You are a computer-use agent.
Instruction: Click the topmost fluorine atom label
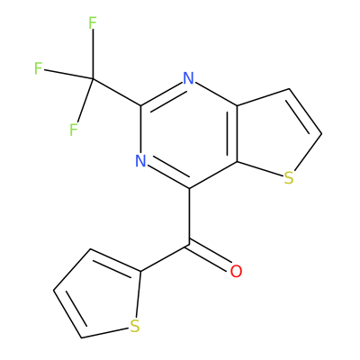pyautogui.click(x=93, y=23)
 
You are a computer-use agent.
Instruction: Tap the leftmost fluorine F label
pyautogui.click(x=38, y=68)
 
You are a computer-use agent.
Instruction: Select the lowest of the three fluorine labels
pyautogui.click(x=74, y=130)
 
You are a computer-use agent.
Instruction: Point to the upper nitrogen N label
pyautogui.click(x=189, y=78)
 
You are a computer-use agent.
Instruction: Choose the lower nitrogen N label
pyautogui.click(x=140, y=161)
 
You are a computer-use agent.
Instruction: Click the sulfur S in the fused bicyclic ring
pyautogui.click(x=289, y=178)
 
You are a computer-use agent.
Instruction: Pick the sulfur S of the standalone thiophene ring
pyautogui.click(x=135, y=327)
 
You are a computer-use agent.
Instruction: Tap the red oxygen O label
pyautogui.click(x=236, y=271)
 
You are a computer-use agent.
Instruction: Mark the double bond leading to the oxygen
pyautogui.click(x=210, y=256)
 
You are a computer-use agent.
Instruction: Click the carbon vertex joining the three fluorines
pyautogui.click(x=93, y=78)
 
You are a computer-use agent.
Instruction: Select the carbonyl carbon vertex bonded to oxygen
pyautogui.click(x=189, y=244)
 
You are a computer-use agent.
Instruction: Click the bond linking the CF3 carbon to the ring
pyautogui.click(x=117, y=92)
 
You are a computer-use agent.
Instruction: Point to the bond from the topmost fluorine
pyautogui.click(x=93, y=54)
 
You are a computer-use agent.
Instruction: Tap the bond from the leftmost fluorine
pyautogui.click(x=68, y=74)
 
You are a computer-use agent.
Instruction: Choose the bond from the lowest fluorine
pyautogui.click(x=85, y=100)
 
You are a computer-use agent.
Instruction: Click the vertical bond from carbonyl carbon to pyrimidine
pyautogui.click(x=189, y=216)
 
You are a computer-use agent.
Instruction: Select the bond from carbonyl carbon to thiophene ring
pyautogui.click(x=165, y=257)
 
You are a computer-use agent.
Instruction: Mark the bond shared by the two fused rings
pyautogui.click(x=237, y=134)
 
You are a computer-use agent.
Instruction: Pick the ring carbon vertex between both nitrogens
pyautogui.click(x=141, y=105)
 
